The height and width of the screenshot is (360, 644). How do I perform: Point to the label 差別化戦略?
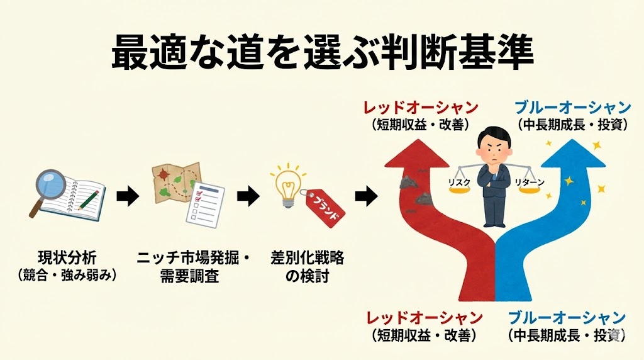pyautogui.click(x=308, y=258)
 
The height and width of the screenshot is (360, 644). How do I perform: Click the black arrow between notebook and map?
pyautogui.click(x=128, y=198)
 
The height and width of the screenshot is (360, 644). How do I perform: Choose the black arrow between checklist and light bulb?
pyautogui.click(x=248, y=198)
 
